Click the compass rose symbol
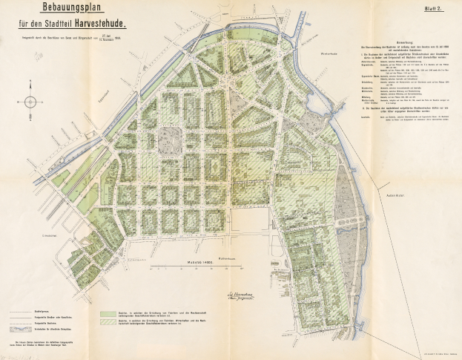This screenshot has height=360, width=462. pos(30,102)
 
